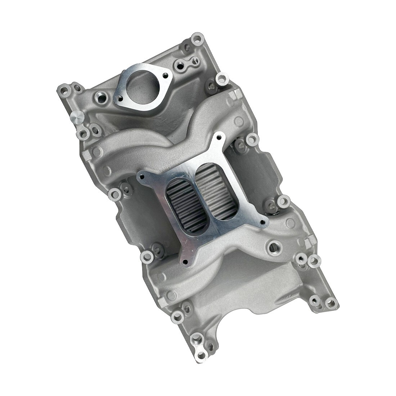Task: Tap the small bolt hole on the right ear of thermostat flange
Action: (x=165, y=76)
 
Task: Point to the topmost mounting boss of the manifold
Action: (x=197, y=37)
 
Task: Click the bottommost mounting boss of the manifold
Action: (x=197, y=338)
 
